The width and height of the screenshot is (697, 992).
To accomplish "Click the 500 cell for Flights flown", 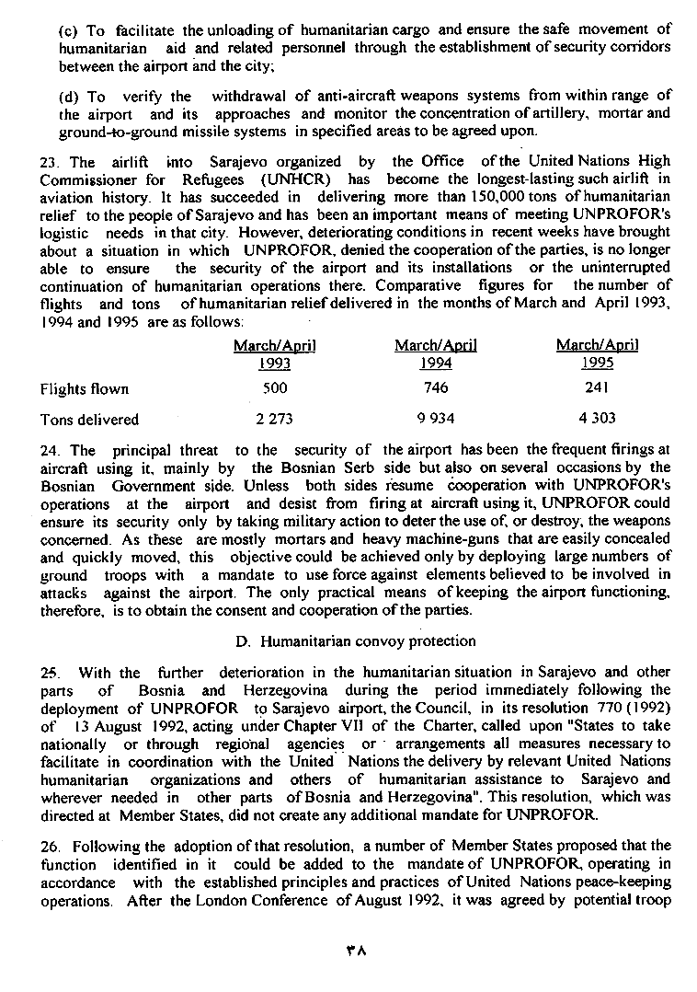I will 275,388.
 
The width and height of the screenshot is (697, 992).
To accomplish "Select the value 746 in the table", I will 436,388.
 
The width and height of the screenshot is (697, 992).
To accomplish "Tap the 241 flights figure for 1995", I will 597,388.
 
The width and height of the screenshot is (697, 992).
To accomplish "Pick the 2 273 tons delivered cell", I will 274,419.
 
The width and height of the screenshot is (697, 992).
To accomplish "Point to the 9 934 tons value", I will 436,419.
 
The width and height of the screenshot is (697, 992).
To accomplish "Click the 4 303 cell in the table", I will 597,419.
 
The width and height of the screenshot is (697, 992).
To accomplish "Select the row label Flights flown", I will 85,388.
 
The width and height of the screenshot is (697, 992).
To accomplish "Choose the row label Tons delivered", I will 89,419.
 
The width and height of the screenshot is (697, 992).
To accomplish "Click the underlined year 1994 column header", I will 435,363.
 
